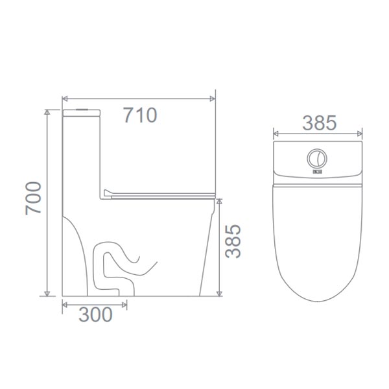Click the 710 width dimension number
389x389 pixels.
click(x=140, y=115)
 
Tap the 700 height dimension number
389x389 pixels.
click(x=34, y=198)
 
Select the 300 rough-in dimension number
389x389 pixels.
click(x=95, y=314)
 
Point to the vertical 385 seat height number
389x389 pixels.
click(x=233, y=241)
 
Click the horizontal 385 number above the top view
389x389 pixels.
click(x=318, y=123)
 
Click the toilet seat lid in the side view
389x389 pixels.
click(x=159, y=193)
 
